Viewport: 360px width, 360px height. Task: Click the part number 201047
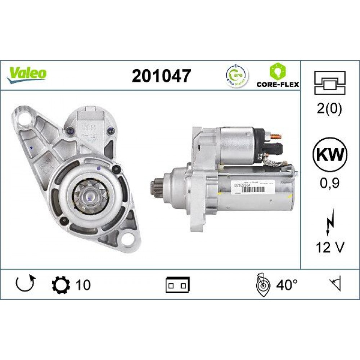[161, 76]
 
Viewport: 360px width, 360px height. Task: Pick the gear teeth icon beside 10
[60, 284]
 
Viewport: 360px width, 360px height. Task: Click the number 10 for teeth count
[83, 285]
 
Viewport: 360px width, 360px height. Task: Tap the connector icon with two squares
[178, 285]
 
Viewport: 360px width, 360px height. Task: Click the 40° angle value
[287, 285]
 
